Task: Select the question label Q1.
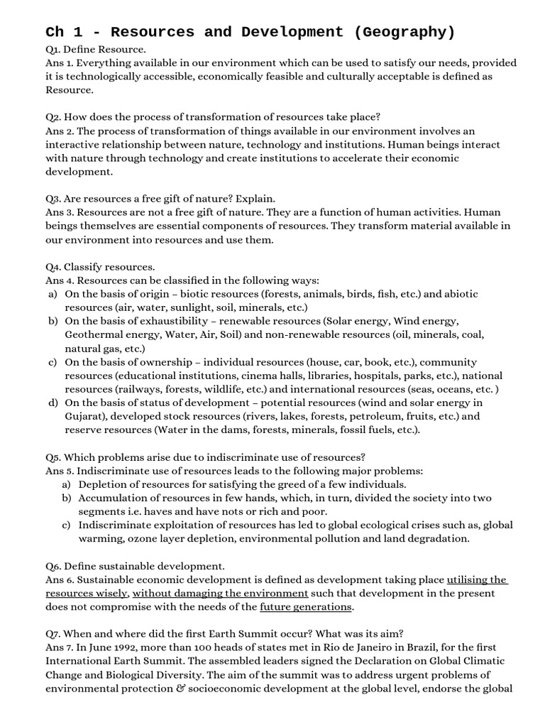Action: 53,49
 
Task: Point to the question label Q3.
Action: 54,198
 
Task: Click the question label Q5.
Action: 54,457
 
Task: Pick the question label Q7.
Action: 54,633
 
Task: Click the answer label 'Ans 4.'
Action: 60,280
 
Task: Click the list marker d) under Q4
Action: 53,403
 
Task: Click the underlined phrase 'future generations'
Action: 306,606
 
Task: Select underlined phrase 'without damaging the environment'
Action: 220,593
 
